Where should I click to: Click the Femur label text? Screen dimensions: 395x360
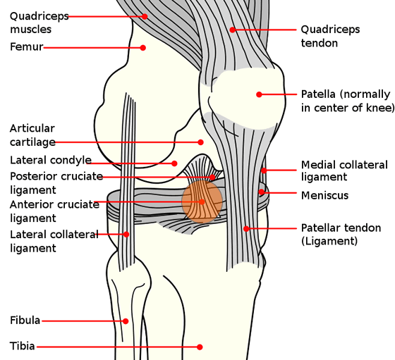coord(27,46)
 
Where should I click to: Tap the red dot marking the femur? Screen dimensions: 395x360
coord(142,47)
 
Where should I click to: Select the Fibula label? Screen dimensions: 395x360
coord(25,321)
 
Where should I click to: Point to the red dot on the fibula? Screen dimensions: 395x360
coord(126,321)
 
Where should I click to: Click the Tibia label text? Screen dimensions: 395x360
coord(22,346)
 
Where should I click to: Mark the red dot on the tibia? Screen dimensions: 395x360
coord(200,347)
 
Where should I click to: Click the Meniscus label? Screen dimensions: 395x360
coord(324,195)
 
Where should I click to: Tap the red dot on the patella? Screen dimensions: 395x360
coord(259,94)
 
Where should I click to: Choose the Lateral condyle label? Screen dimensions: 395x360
coord(51,160)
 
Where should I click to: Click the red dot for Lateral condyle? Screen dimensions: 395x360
coord(174,163)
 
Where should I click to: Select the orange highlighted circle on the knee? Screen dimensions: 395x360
coord(202,201)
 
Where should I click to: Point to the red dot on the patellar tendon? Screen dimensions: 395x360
coord(246,229)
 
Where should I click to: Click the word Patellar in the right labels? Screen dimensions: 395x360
coord(320,228)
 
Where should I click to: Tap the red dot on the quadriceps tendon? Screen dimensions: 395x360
coord(232,30)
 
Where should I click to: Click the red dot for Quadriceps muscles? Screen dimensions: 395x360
coord(145,16)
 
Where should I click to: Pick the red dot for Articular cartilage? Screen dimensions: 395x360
coord(200,142)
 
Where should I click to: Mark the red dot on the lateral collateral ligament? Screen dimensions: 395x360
coord(126,234)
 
